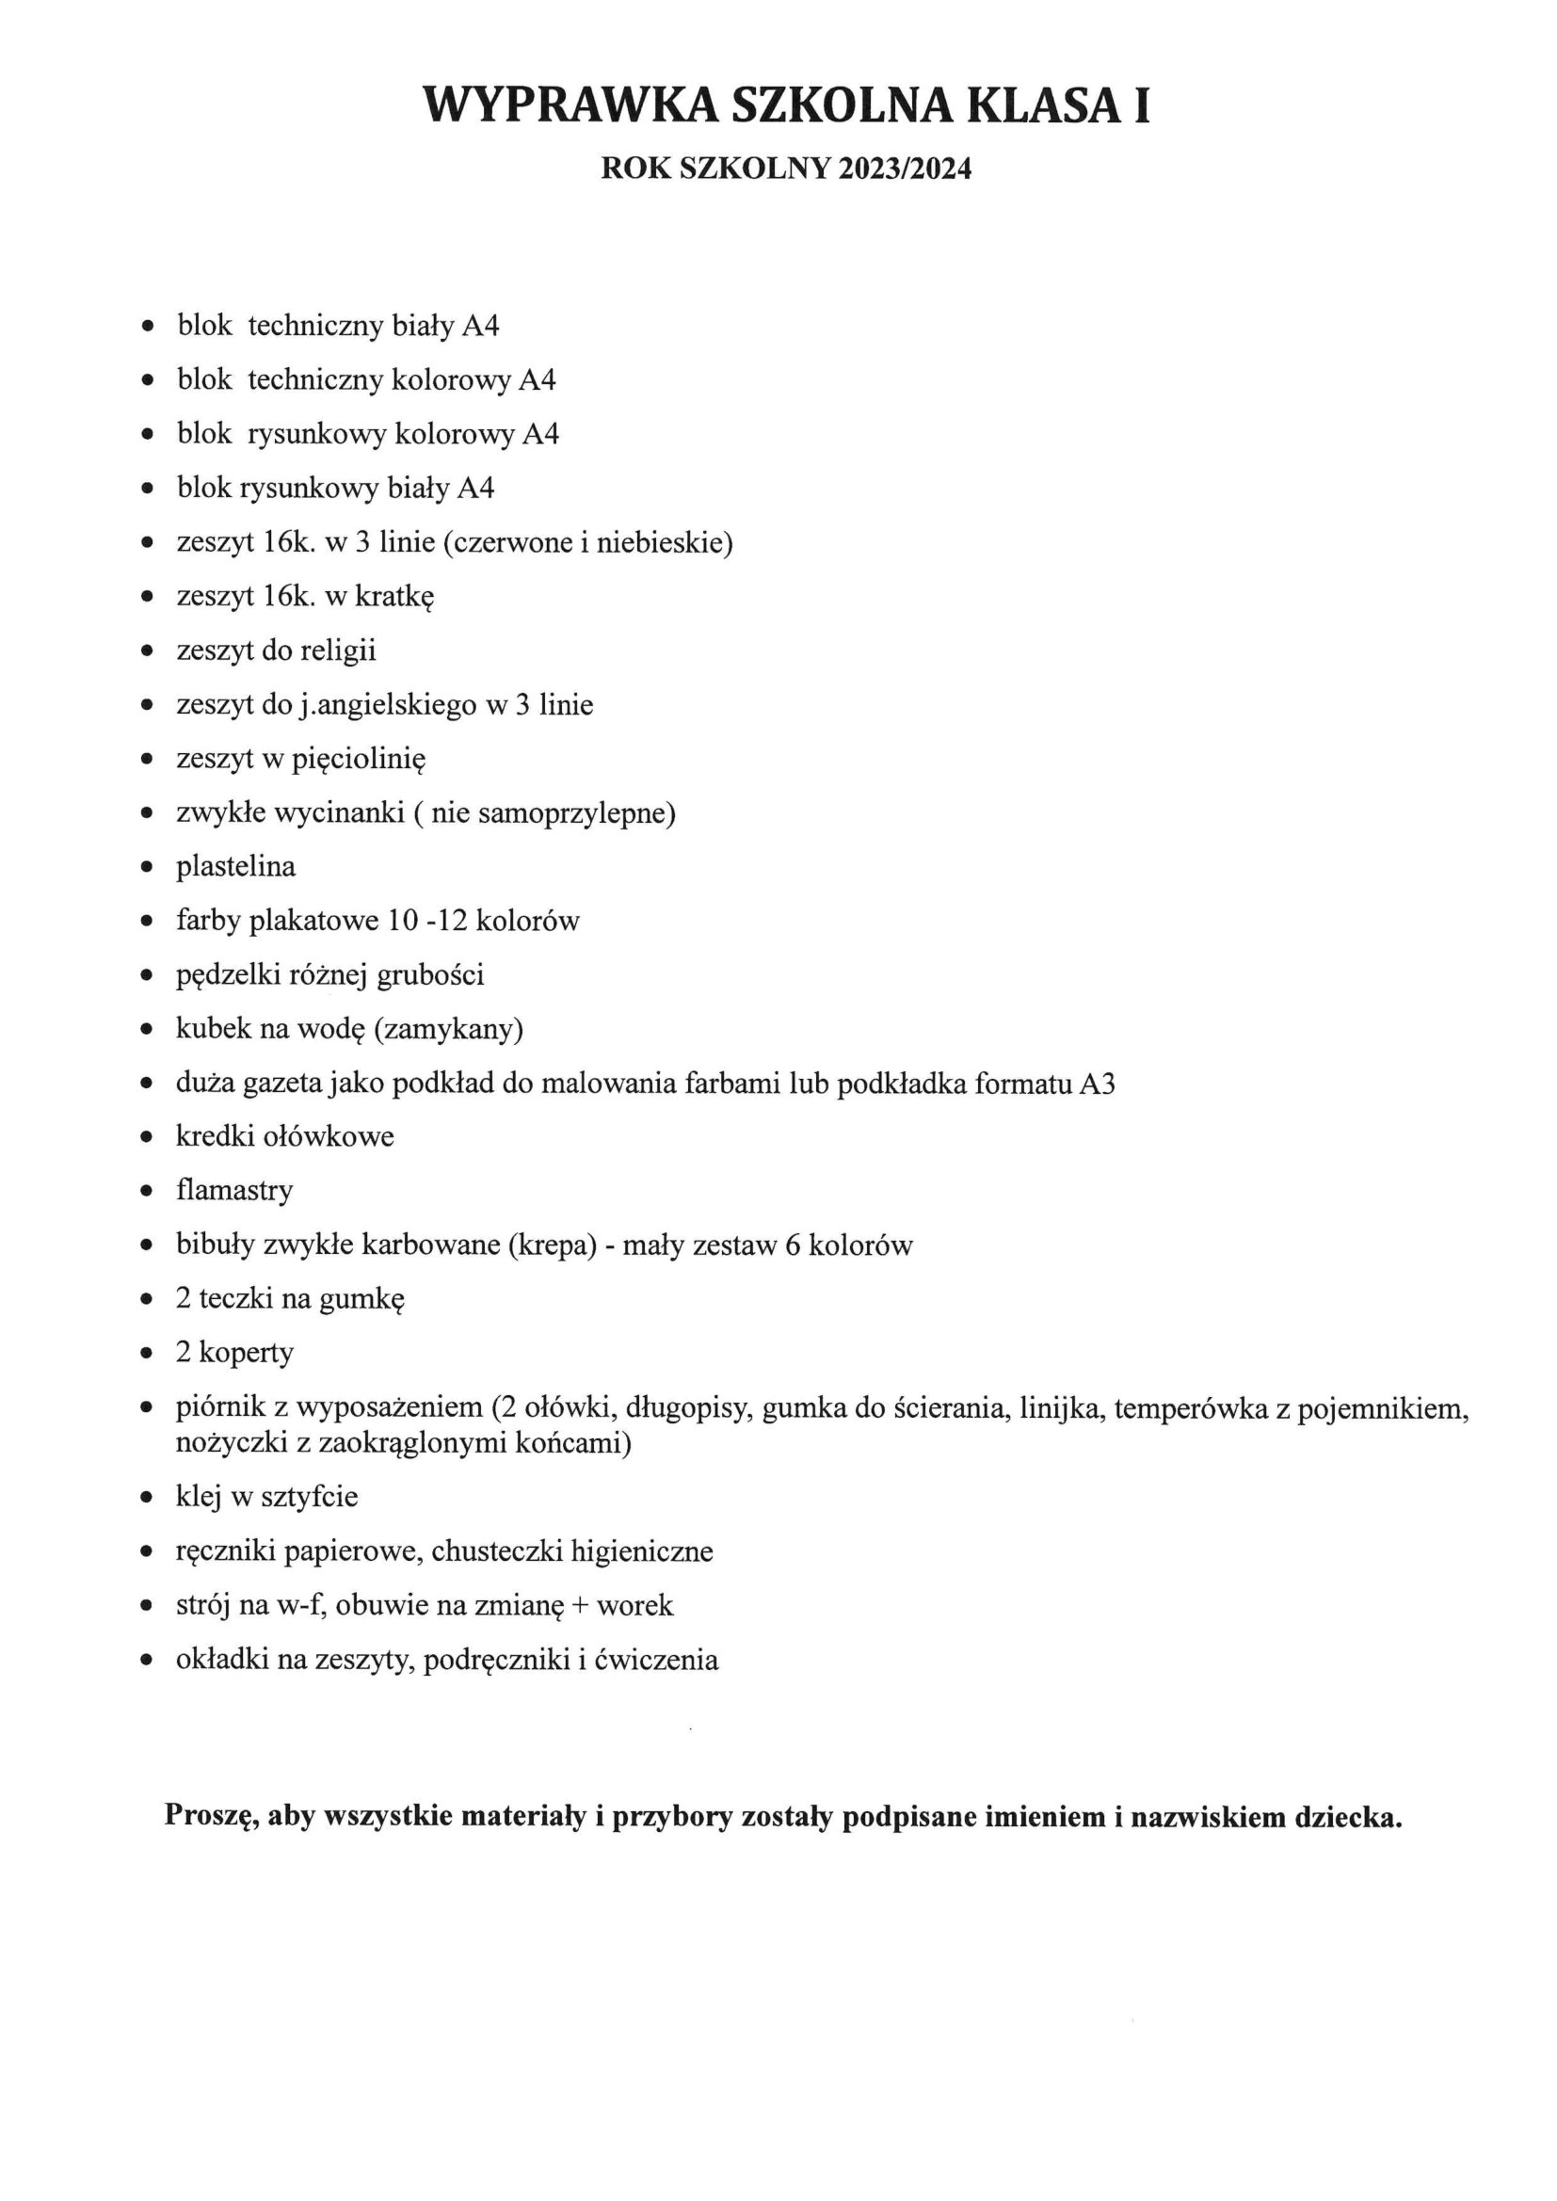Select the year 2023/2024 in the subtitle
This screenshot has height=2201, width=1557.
[904, 169]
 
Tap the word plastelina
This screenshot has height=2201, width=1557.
[236, 868]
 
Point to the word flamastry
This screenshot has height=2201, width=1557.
[235, 1192]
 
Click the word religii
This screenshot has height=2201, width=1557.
[339, 651]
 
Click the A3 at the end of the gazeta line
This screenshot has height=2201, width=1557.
[1097, 1084]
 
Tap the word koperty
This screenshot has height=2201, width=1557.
[247, 1353]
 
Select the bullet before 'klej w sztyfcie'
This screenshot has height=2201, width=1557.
[147, 1498]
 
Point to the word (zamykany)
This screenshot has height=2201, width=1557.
[449, 1030]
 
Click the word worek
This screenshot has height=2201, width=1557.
[634, 1606]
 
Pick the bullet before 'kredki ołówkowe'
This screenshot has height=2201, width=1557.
[147, 1138]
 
